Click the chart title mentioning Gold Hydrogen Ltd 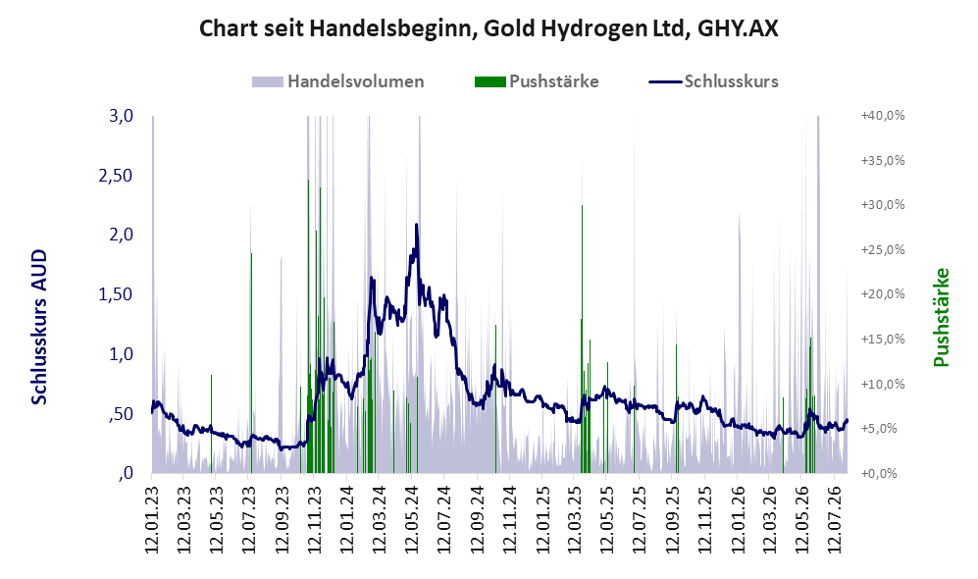(489, 28)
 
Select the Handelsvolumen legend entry (338, 81)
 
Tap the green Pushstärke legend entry (537, 81)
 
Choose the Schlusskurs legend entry (713, 81)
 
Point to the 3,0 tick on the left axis (121, 116)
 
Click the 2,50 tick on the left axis (116, 176)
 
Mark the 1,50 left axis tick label (116, 294)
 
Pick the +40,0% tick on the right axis (883, 116)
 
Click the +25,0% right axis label (883, 249)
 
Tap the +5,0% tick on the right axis (886, 429)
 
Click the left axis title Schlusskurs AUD (39, 327)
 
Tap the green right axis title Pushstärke (941, 317)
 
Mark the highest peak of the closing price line (416, 225)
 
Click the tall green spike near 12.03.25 (582, 339)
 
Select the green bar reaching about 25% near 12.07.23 (251, 363)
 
